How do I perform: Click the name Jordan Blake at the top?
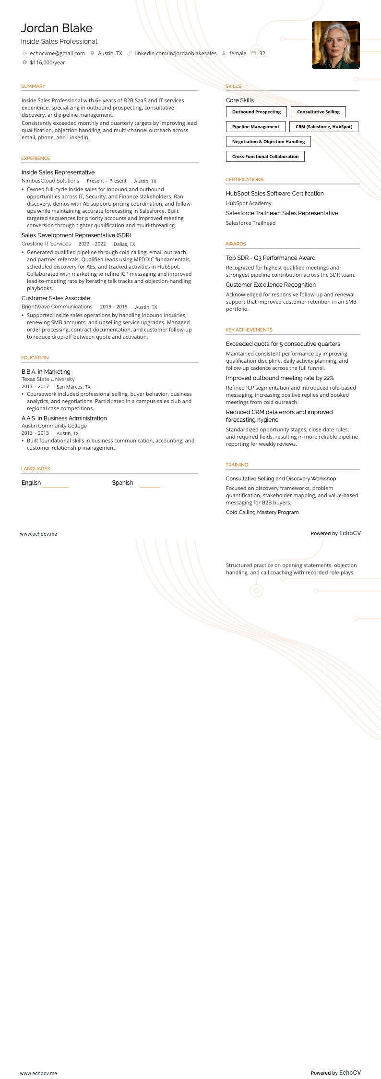57,28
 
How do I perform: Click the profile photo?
335,45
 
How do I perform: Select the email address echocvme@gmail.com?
57,53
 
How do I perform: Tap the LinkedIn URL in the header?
176,53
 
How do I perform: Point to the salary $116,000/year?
47,62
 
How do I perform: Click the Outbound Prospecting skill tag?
256,112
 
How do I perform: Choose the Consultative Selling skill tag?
318,112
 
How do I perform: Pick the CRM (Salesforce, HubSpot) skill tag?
324,127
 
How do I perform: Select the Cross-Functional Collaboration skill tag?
265,157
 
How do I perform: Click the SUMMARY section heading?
33,86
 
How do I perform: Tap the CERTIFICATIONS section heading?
244,180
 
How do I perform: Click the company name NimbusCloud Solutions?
50,181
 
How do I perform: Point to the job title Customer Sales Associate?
56,298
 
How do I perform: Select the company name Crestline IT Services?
46,244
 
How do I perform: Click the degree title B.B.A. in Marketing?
46,372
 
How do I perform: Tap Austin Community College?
54,426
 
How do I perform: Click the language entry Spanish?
122,483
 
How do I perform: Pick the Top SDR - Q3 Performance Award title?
271,258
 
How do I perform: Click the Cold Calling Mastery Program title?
262,512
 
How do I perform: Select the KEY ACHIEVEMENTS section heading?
249,330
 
